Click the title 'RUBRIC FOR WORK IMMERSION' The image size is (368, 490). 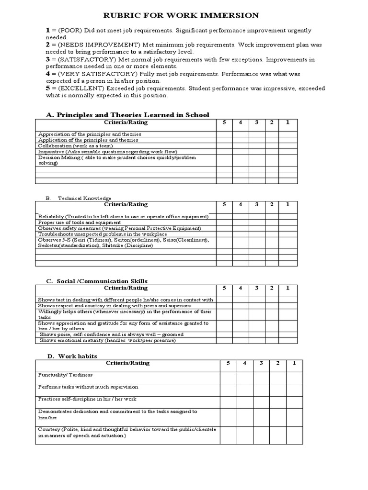181,15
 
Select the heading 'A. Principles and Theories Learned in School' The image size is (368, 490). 127,115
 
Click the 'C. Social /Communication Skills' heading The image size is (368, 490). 97,281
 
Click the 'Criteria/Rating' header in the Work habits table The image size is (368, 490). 127,363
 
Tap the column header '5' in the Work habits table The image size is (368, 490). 229,363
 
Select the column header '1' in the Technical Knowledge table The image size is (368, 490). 288,204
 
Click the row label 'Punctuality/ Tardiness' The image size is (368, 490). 65,375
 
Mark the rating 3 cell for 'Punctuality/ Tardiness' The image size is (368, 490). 262,378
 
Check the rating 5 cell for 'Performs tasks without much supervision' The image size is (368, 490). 229,390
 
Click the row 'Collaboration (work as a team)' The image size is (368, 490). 75,145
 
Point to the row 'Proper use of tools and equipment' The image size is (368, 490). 79,223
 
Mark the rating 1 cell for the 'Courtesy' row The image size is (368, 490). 294,434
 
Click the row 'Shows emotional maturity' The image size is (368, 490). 108,340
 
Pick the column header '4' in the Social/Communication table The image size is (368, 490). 241,288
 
